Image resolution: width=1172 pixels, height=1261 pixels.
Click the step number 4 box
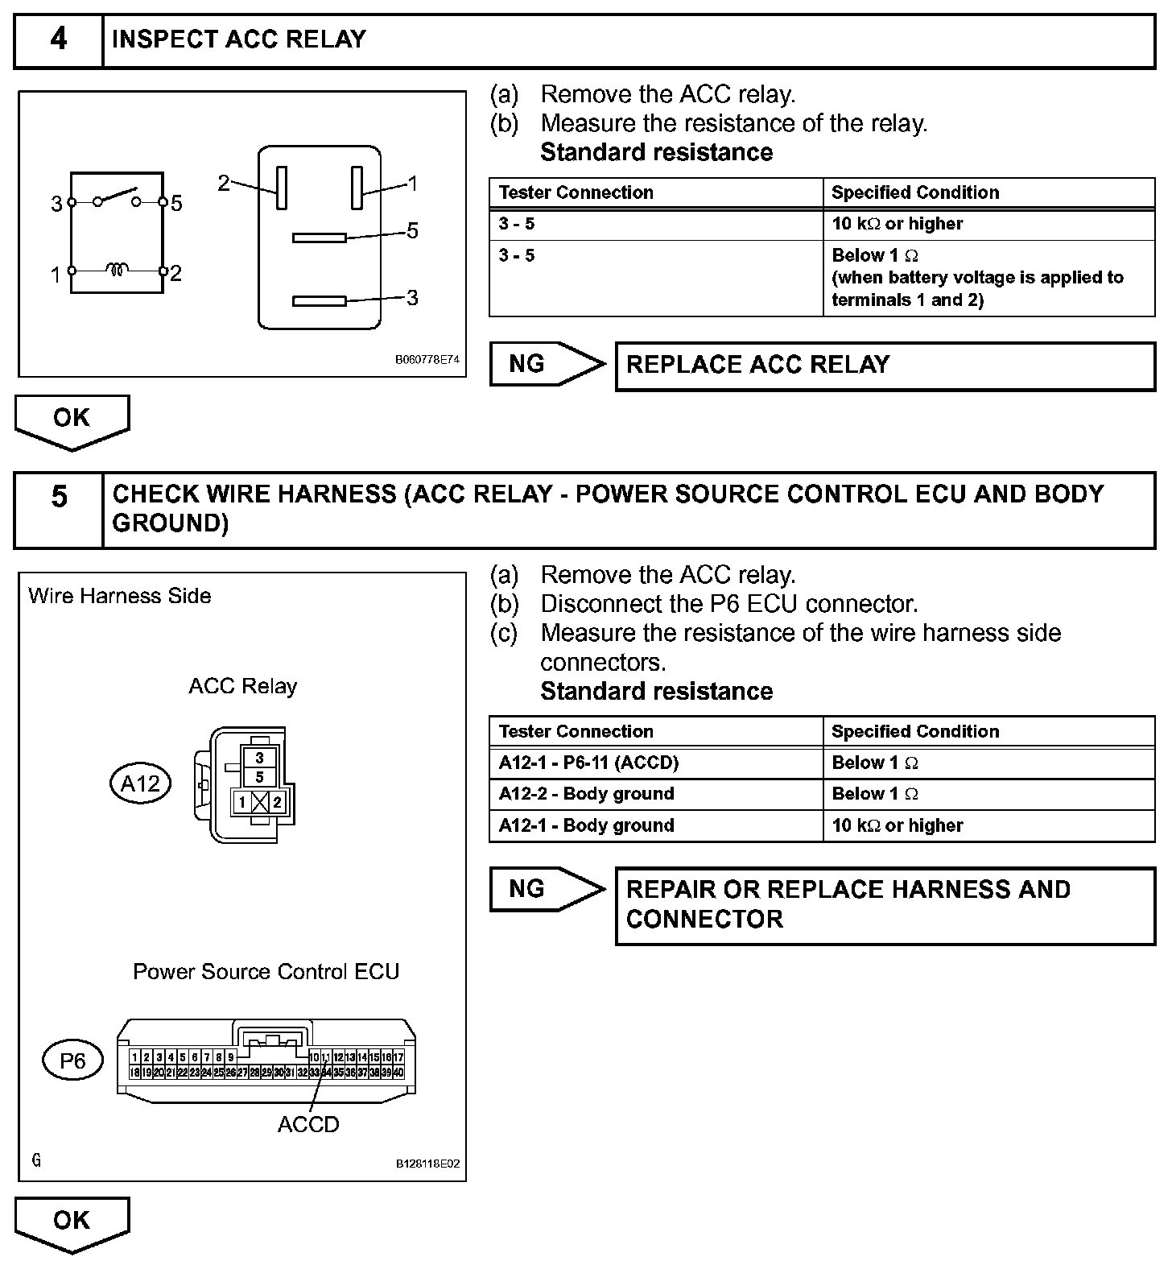pyautogui.click(x=59, y=39)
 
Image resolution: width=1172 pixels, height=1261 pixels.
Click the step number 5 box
pyautogui.click(x=59, y=510)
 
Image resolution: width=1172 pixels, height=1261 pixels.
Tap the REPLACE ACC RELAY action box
pyautogui.click(x=885, y=366)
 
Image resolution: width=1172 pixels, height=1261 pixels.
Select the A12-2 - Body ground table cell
pyautogui.click(x=655, y=794)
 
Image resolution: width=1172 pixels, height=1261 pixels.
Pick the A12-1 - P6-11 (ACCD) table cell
pyautogui.click(x=655, y=763)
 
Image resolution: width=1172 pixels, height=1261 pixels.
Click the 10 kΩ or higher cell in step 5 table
pyautogui.click(x=988, y=825)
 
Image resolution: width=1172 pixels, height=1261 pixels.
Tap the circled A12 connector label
pyautogui.click(x=141, y=783)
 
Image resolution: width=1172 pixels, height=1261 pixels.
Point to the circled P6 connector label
pyautogui.click(x=72, y=1060)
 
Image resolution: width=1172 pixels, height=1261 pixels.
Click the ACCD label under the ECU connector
pyautogui.click(x=308, y=1124)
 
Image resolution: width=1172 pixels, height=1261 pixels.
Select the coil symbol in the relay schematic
pyautogui.click(x=118, y=271)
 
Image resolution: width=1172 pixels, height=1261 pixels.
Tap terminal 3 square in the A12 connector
pyautogui.click(x=259, y=758)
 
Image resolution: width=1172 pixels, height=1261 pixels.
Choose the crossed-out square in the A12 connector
pyautogui.click(x=259, y=802)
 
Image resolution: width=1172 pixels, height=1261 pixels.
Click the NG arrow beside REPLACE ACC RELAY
pyautogui.click(x=547, y=365)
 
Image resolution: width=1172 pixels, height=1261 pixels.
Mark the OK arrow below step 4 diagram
pyautogui.click(x=72, y=420)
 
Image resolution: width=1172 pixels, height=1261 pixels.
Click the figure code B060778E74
pyautogui.click(x=427, y=360)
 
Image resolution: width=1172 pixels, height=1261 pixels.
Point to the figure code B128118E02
pyautogui.click(x=427, y=1164)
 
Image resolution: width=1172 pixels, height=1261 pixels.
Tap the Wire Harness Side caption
pyautogui.click(x=120, y=596)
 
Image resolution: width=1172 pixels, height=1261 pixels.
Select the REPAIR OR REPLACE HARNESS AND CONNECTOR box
pyautogui.click(x=885, y=905)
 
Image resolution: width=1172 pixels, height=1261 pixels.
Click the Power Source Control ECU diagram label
pyautogui.click(x=266, y=971)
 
